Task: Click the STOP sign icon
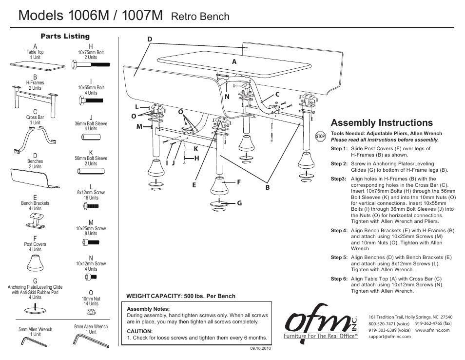click(320, 136)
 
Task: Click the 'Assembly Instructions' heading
click(381, 122)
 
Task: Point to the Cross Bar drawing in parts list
click(36, 139)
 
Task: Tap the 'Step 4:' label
click(339, 231)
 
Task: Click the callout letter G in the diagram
click(239, 203)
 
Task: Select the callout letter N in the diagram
click(227, 97)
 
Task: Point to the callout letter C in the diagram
click(277, 94)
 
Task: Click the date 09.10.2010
click(260, 348)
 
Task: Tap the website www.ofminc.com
click(432, 330)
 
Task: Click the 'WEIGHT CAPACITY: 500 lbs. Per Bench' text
click(180, 296)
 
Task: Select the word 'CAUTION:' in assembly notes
click(140, 331)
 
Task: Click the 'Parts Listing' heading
click(65, 36)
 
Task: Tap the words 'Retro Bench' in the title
click(201, 17)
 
